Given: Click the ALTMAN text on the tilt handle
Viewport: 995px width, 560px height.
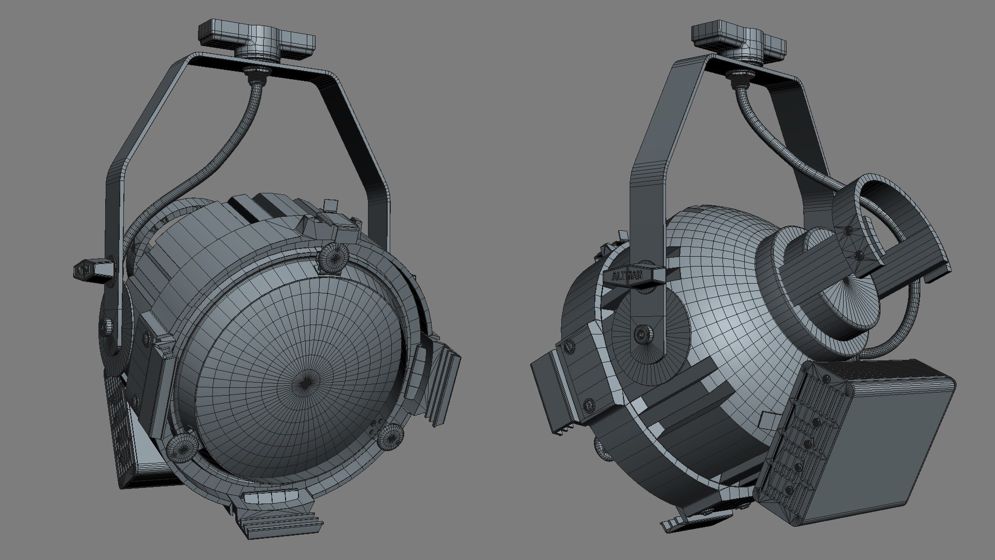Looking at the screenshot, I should click(x=627, y=275).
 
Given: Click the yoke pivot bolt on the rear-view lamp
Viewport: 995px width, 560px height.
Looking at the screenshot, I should click(x=643, y=335).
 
